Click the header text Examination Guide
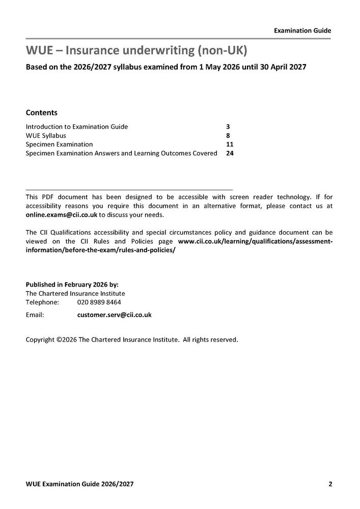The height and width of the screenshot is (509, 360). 302,31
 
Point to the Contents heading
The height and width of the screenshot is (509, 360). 41,112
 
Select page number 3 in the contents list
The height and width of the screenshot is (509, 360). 228,126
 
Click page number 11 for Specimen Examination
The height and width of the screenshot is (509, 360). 229,144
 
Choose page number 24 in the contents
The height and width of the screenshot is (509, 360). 229,153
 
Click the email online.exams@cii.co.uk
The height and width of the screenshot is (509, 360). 62,214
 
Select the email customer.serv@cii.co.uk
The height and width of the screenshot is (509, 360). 114,315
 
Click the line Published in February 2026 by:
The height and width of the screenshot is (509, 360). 72,285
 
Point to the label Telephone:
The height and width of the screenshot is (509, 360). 42,302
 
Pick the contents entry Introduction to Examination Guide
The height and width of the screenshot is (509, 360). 77,126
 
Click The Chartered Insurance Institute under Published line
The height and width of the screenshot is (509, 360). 75,293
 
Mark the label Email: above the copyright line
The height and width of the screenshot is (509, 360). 35,315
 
